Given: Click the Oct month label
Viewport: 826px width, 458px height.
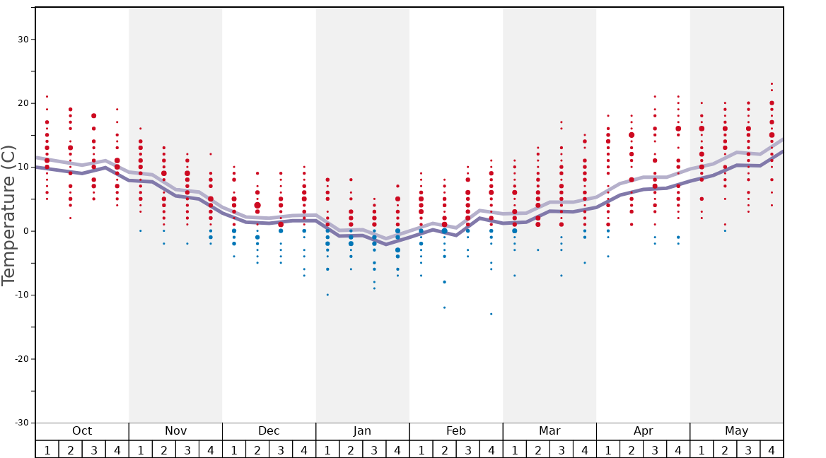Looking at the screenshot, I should point(82,431).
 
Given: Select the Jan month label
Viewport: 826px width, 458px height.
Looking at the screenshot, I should point(362,431).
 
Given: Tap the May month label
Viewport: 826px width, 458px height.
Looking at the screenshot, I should point(736,431).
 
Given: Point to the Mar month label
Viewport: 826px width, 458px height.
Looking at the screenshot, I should point(549,431).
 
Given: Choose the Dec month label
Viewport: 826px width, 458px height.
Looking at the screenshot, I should point(269,431).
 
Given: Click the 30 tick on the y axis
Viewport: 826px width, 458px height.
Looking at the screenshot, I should point(23,40).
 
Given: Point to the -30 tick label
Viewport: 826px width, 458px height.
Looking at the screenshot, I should point(21,423).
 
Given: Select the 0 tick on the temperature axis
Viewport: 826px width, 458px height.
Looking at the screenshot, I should point(25,231).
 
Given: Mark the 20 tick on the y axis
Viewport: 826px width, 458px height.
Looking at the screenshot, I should point(23,103).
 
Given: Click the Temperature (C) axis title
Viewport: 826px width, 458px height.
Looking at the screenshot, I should point(8,215).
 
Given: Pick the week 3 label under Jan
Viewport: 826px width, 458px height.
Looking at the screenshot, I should point(374,450).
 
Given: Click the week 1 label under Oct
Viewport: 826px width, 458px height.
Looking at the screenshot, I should point(47,450).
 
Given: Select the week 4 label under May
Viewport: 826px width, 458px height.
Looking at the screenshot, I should point(772,450).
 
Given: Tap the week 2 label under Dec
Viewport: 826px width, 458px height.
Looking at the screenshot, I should point(257,450).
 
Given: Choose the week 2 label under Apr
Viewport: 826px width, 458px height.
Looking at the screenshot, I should point(632,450).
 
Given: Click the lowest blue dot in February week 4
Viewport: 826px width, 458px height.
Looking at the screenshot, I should point(491,314).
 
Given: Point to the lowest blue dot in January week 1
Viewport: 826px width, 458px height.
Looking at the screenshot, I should point(327,295).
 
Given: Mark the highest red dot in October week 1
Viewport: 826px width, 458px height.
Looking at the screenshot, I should point(47,97).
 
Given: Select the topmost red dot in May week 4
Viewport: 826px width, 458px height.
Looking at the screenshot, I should point(772,84).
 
